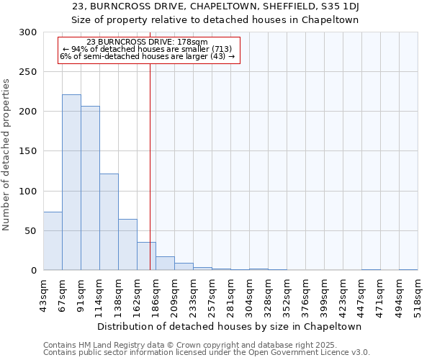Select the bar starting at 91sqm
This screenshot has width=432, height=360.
[90, 188]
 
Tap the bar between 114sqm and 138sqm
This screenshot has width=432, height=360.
[109, 222]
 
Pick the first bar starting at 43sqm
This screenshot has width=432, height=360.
[53, 241]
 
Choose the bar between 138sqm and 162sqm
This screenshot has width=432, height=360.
[127, 245]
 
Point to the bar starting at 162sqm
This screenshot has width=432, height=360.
[146, 256]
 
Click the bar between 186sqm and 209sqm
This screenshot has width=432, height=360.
[165, 264]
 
